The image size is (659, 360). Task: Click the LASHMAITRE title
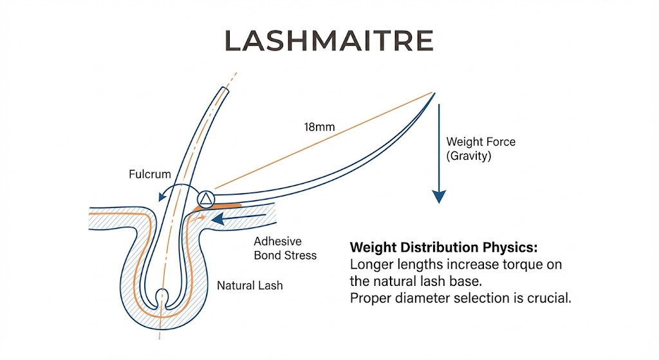tap(329, 41)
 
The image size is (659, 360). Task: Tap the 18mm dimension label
tap(319, 127)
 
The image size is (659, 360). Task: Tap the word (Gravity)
tap(469, 156)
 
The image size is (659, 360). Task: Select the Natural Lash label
tap(250, 285)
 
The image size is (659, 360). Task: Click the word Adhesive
tap(277, 242)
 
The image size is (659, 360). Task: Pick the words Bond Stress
tap(285, 255)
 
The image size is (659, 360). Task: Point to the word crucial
tap(548, 299)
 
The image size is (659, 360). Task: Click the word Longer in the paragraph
tap(370, 265)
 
